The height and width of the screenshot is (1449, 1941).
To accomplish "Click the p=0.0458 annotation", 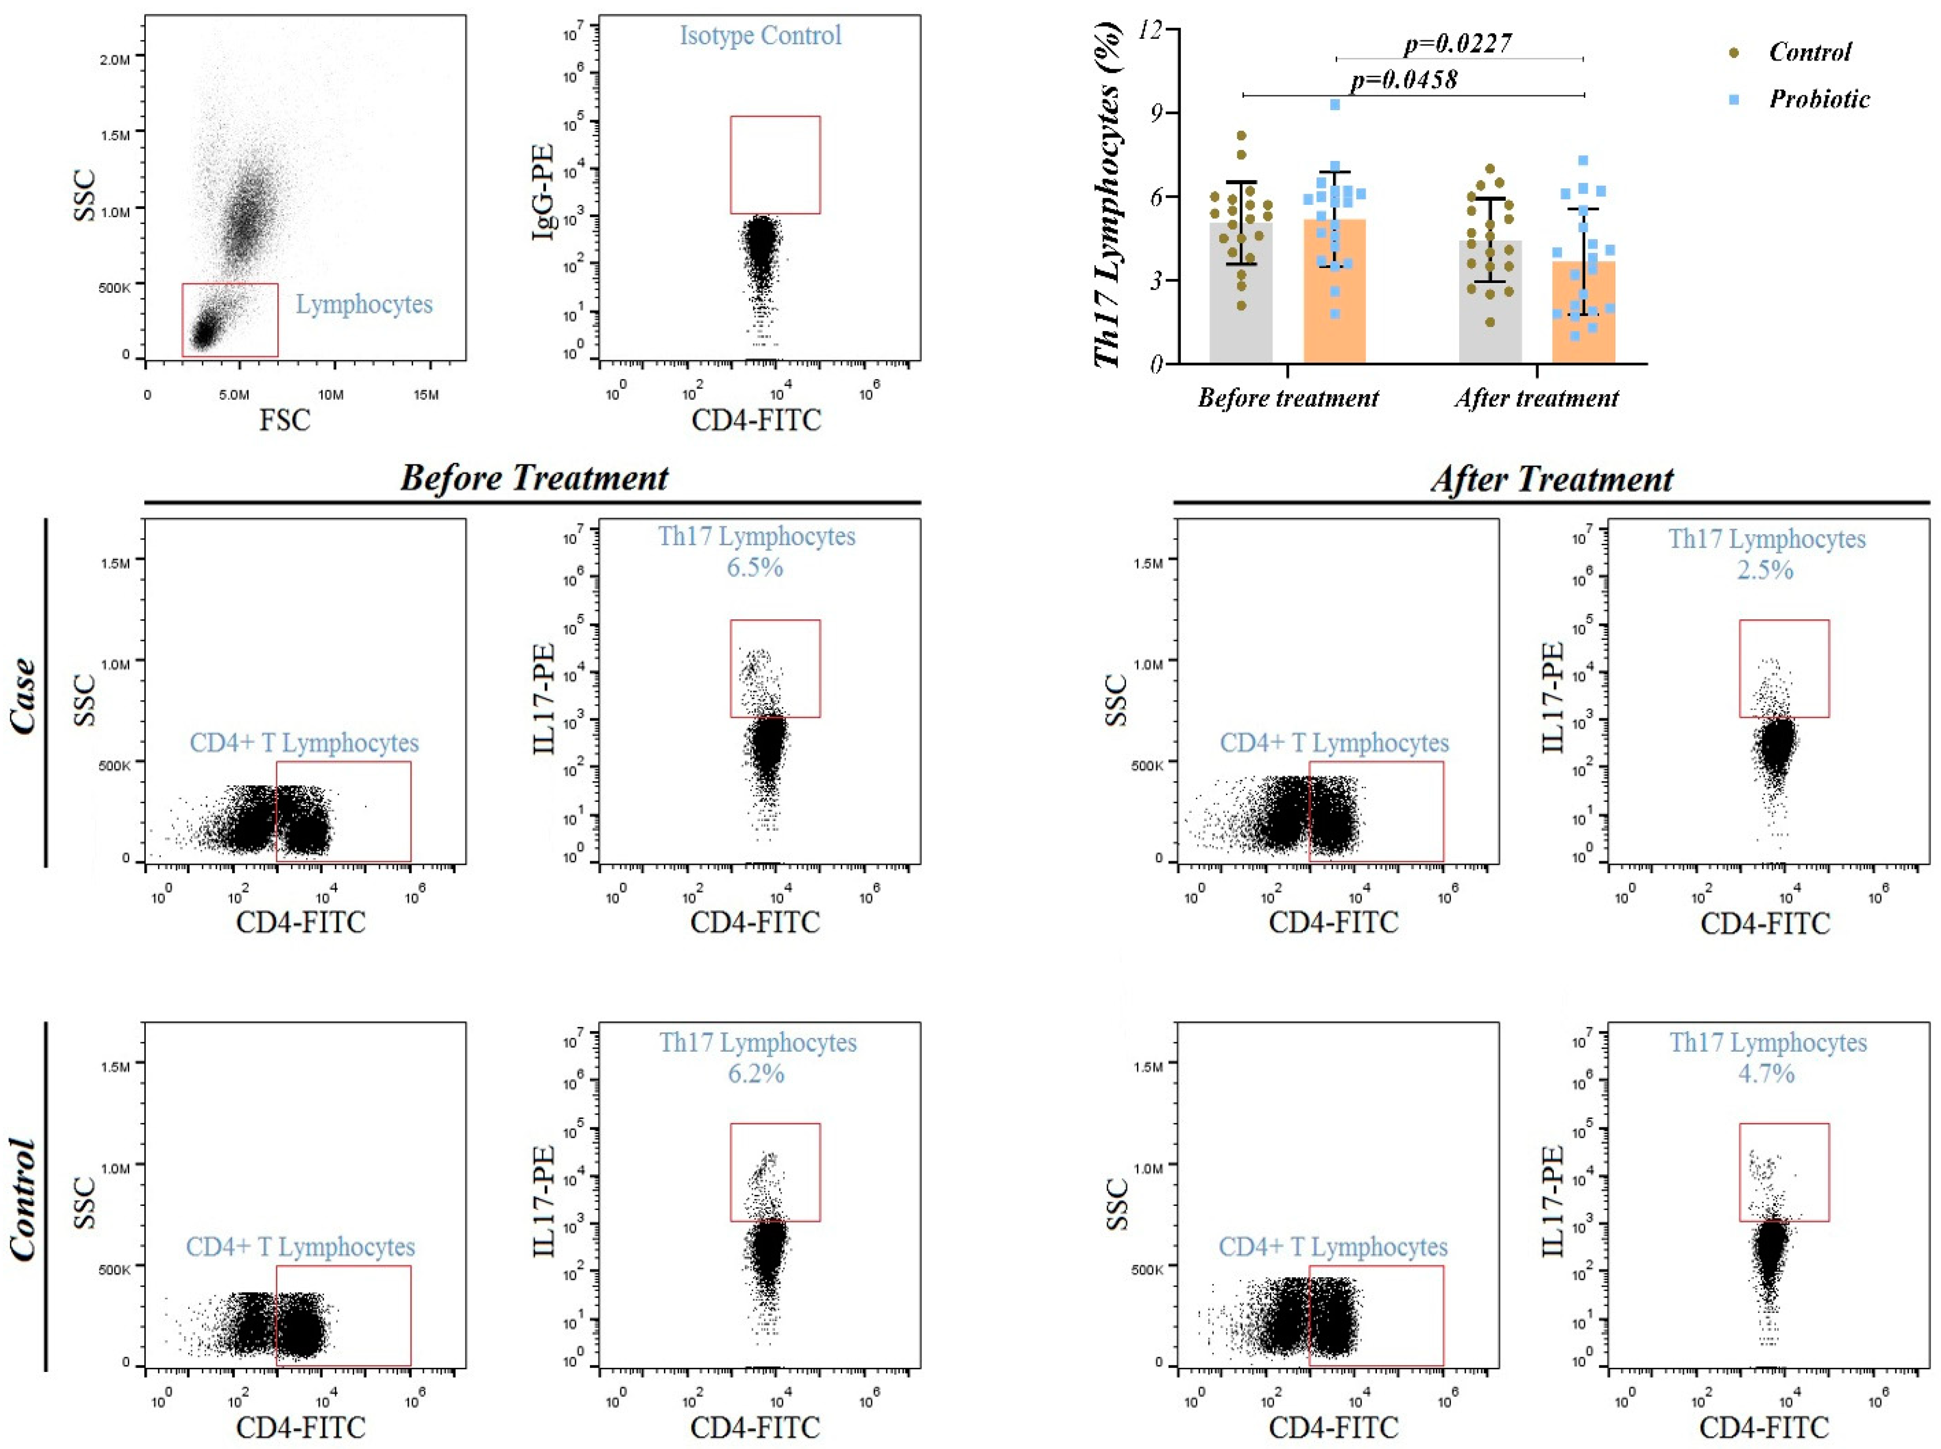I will coord(1404,80).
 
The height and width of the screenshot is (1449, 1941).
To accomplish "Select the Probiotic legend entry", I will coord(1818,99).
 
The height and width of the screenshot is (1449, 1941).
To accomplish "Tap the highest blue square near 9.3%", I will coord(1335,104).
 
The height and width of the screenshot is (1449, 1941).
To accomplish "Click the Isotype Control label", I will coord(760,35).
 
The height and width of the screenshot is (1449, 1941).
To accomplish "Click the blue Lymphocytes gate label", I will coord(364,304).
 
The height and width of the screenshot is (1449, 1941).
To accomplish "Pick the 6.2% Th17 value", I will coord(756,1073).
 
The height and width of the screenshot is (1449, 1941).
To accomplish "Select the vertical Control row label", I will coord(24,1199).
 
